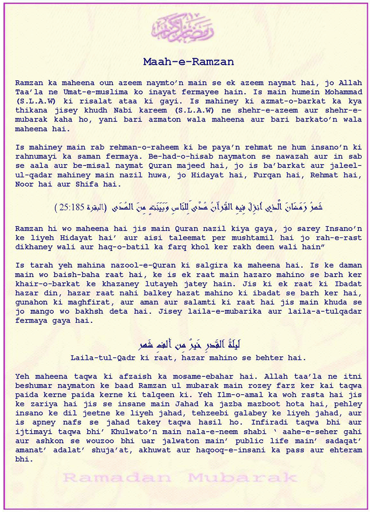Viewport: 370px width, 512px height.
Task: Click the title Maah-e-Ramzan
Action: pyautogui.click(x=188, y=62)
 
